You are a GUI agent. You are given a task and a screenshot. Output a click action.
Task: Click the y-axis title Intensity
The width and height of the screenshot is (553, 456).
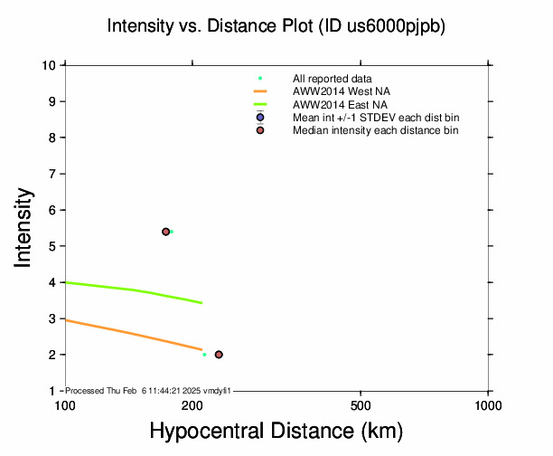pyautogui.click(x=25, y=227)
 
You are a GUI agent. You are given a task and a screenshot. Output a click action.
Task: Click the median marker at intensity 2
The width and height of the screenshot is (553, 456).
pyautogui.click(x=219, y=355)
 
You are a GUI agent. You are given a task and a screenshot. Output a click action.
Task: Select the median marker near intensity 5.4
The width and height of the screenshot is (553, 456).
pyautogui.click(x=165, y=232)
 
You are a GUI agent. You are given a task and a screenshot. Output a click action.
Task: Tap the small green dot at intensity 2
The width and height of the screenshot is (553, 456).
pyautogui.click(x=204, y=355)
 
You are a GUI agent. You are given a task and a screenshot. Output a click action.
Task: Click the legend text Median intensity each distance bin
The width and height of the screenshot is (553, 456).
pyautogui.click(x=375, y=130)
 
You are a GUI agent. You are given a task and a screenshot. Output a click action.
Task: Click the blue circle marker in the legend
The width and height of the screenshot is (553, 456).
pyautogui.click(x=260, y=118)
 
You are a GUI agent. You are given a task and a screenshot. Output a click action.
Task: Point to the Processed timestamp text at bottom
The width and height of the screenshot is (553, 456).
pyautogui.click(x=149, y=390)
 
